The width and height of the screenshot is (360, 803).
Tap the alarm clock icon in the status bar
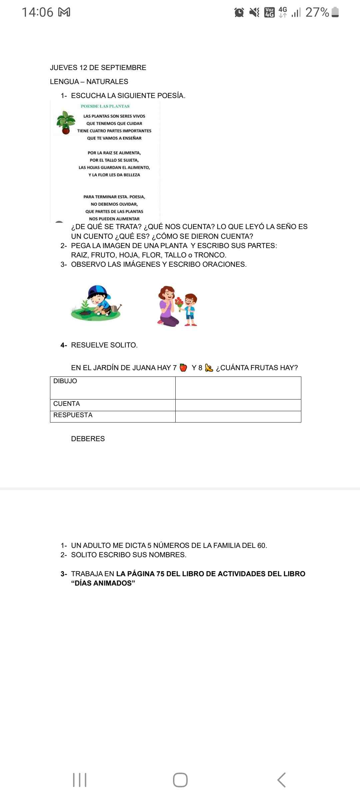[x=239, y=13]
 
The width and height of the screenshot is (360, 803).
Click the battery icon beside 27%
[x=336, y=12]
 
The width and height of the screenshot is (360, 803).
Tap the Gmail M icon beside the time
[x=64, y=12]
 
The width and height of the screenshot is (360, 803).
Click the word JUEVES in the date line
[x=64, y=68]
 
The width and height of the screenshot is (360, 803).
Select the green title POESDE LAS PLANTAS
[x=105, y=106]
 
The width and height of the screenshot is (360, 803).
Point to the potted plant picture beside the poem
[x=66, y=123]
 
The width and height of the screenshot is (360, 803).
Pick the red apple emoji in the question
[x=183, y=367]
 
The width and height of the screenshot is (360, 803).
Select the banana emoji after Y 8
[x=209, y=368]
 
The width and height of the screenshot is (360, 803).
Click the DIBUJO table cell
[x=113, y=388]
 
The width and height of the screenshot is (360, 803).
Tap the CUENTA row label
[x=67, y=404]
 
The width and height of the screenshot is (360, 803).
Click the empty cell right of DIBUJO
[x=238, y=388]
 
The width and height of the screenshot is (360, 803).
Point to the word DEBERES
[x=88, y=439]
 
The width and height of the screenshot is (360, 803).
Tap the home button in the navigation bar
[x=180, y=780]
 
